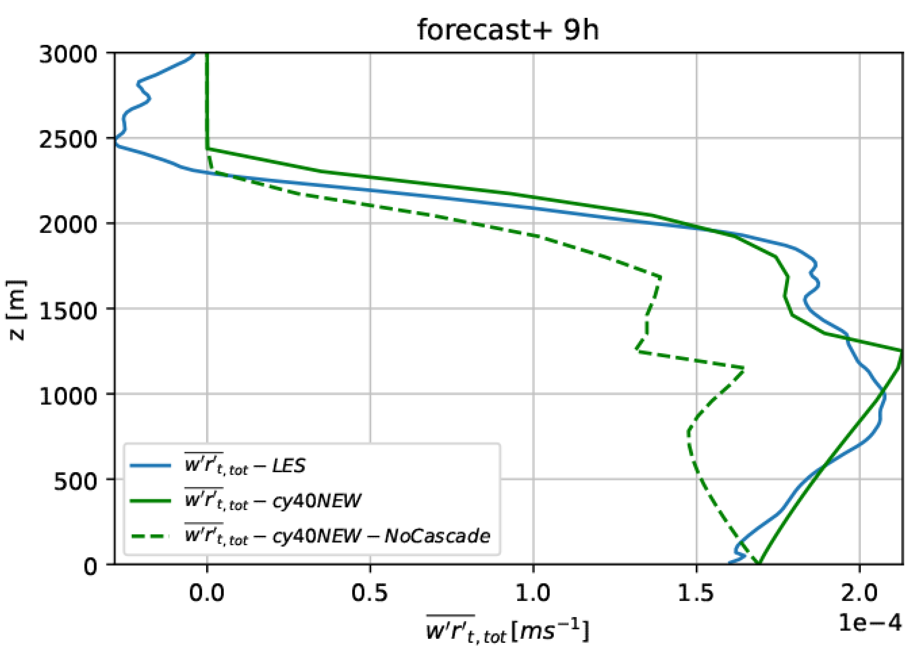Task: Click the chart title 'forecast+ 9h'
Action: pyautogui.click(x=508, y=31)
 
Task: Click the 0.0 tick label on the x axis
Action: pyautogui.click(x=207, y=593)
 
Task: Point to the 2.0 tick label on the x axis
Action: pyautogui.click(x=859, y=593)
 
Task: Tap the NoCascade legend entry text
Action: pyautogui.click(x=337, y=536)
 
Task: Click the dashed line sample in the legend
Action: pyautogui.click(x=151, y=536)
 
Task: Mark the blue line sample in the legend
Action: pyautogui.click(x=151, y=466)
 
